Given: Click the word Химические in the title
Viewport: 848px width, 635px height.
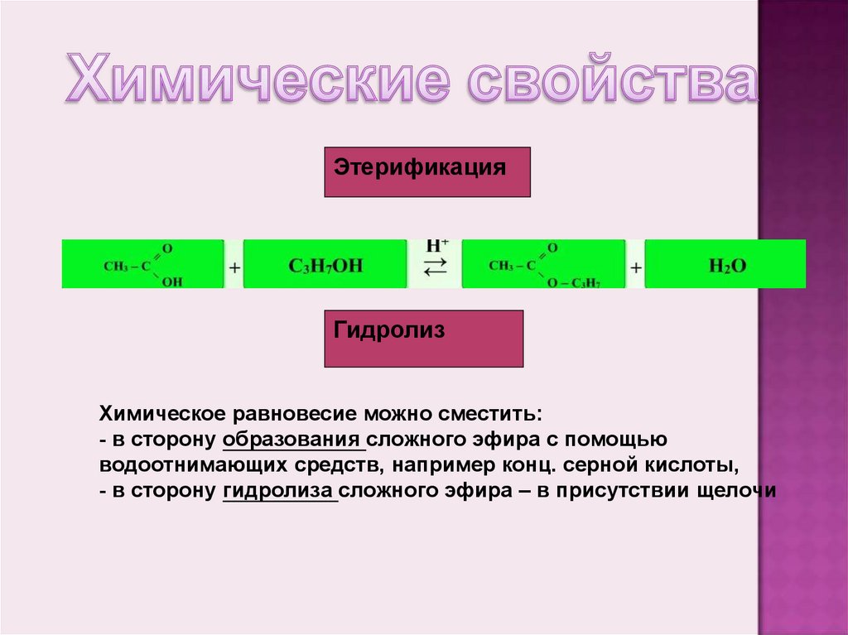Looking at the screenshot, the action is (x=258, y=82).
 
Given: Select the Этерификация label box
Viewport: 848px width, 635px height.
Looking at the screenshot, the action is (x=426, y=171).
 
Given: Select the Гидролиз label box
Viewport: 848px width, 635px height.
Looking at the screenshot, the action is (x=423, y=338).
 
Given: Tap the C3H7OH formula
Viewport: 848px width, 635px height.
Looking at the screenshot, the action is (x=325, y=265).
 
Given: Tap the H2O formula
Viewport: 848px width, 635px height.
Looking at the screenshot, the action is (x=726, y=265).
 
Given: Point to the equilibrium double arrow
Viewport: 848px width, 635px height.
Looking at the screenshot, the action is (x=435, y=267).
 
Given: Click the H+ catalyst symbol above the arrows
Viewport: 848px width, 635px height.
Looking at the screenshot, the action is (x=436, y=246).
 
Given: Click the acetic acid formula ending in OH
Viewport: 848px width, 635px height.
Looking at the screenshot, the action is (x=143, y=265).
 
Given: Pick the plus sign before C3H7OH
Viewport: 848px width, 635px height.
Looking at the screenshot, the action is (x=234, y=267).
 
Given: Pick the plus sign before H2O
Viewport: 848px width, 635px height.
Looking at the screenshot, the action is (x=635, y=267).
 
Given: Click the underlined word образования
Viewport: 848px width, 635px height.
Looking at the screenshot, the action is (x=294, y=439).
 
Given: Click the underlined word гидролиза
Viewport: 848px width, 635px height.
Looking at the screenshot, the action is (x=280, y=490).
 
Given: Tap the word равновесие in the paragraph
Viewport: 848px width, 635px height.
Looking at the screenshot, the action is (x=296, y=413).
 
